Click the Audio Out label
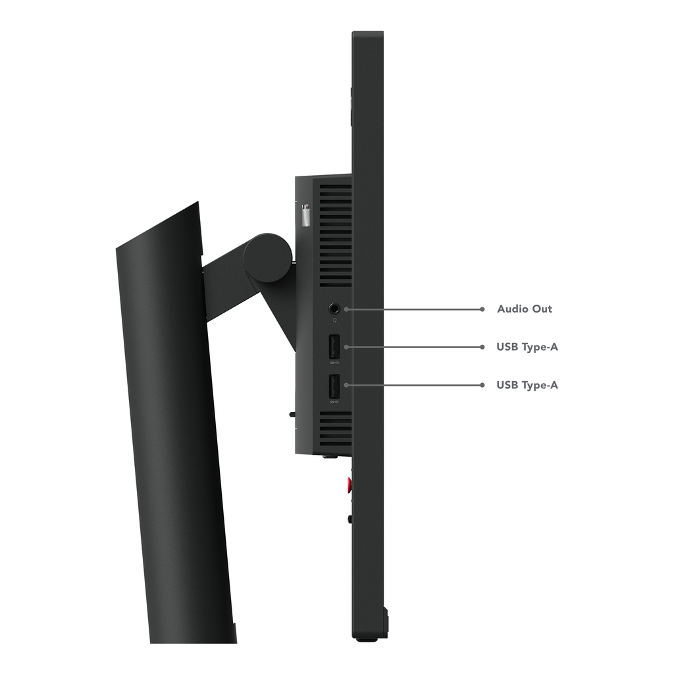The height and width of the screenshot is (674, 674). pos(525,309)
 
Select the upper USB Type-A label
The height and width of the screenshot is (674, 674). pos(527,347)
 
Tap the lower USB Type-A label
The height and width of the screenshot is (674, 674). pos(527,385)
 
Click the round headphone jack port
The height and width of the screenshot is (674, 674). pos(334,309)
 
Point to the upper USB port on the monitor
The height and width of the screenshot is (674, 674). pos(334,346)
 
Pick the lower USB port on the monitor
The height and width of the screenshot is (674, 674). pos(334,386)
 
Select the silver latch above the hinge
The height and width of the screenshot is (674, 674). pos(305,216)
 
